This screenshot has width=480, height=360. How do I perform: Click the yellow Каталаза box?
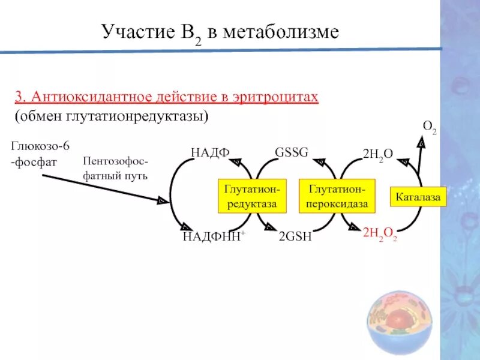419,197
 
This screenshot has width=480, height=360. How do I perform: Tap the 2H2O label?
378,154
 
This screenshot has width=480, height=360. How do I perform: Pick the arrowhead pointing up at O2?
422,144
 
